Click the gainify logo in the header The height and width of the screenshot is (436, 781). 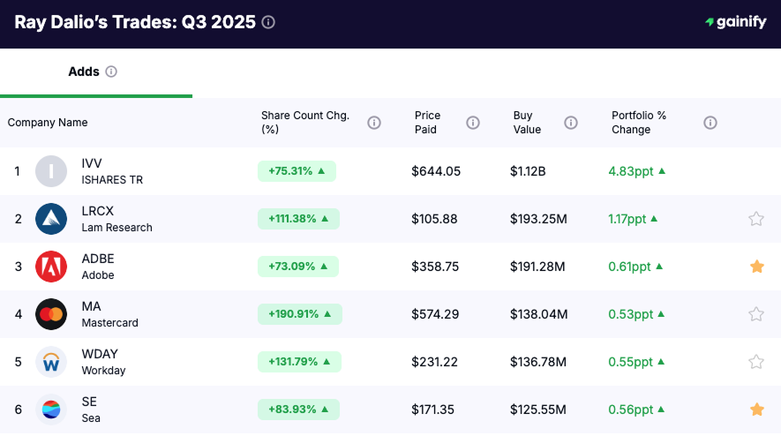[735, 22]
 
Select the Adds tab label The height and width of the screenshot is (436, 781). [84, 71]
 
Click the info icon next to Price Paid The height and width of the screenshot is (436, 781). [473, 123]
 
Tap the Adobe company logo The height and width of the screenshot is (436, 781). [51, 267]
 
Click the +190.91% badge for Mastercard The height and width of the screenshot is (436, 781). [299, 314]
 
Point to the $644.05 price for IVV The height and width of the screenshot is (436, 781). [436, 171]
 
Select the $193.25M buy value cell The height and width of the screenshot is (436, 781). [537, 219]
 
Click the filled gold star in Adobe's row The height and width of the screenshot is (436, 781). [756, 267]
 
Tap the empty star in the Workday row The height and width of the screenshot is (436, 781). [756, 362]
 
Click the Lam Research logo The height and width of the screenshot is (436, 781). [51, 219]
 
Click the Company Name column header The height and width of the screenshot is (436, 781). [48, 123]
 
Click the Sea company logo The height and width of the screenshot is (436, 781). [51, 410]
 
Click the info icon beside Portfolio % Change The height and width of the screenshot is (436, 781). [710, 123]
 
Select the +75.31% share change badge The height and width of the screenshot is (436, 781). [297, 171]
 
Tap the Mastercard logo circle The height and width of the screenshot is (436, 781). [51, 314]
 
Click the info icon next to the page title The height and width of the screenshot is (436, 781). [268, 22]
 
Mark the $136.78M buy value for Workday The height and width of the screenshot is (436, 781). [537, 362]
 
